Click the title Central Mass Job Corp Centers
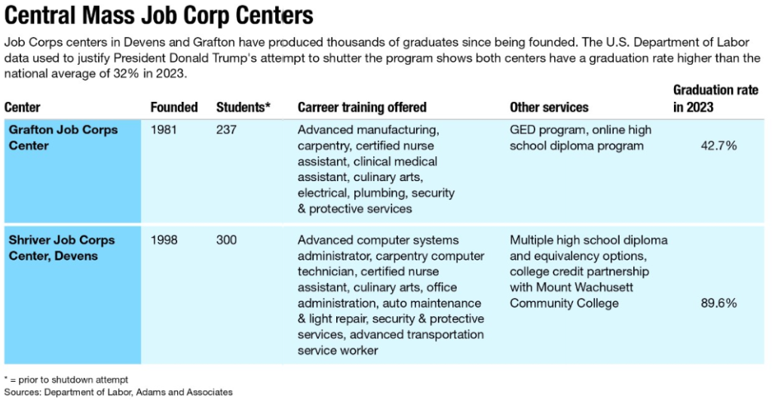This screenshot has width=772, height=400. point(158,15)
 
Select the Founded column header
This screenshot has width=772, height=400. point(173,107)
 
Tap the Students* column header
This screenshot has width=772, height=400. point(243,107)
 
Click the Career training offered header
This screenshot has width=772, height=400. point(362,107)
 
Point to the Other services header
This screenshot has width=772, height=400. point(549,107)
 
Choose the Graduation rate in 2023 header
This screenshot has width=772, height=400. point(715,99)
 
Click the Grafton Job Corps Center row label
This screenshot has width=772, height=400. point(63,137)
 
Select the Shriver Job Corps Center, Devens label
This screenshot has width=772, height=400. point(62,248)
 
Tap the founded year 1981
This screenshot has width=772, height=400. point(164,130)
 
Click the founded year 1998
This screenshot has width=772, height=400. point(164,240)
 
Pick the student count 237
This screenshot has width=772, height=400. point(226,130)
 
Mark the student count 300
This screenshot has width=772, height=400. point(226,240)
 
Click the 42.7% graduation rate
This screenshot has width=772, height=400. point(718,146)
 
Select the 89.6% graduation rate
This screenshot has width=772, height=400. point(718,303)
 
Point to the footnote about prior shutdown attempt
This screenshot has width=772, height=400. point(66,379)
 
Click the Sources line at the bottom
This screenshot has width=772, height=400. point(118,392)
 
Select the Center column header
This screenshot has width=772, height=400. point(23,107)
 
